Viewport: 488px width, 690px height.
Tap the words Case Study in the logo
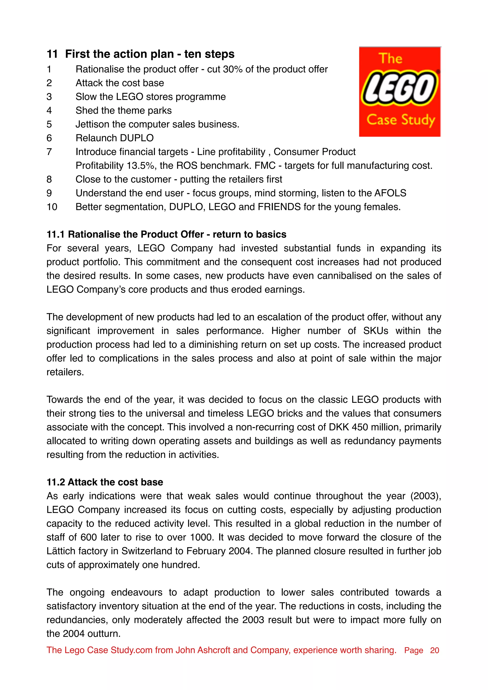(401, 120)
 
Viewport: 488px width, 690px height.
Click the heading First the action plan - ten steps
(149, 54)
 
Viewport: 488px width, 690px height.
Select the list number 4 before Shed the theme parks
(49, 110)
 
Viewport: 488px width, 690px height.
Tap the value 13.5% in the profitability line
(141, 165)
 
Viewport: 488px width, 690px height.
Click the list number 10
(52, 207)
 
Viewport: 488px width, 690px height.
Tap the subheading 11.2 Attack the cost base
(105, 482)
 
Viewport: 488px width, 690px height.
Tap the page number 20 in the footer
(434, 650)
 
